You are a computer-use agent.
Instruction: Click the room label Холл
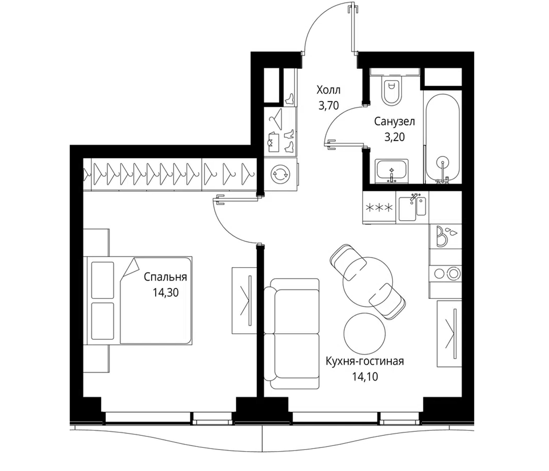coord(328,90)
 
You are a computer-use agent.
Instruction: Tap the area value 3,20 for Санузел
coord(394,137)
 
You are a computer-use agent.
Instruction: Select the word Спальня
coord(165,277)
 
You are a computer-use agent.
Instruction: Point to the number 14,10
coord(365,377)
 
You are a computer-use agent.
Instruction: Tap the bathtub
coord(442,138)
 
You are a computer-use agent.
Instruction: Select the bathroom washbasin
coord(391,171)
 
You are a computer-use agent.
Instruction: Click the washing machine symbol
coord(280,174)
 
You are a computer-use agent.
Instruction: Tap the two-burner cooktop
coord(445,273)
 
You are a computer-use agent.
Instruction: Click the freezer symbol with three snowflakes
coord(379,208)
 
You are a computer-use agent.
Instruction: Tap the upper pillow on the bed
coord(102,280)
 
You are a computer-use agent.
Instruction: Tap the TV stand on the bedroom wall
coord(244,300)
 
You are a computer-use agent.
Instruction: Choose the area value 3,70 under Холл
coord(329,105)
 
